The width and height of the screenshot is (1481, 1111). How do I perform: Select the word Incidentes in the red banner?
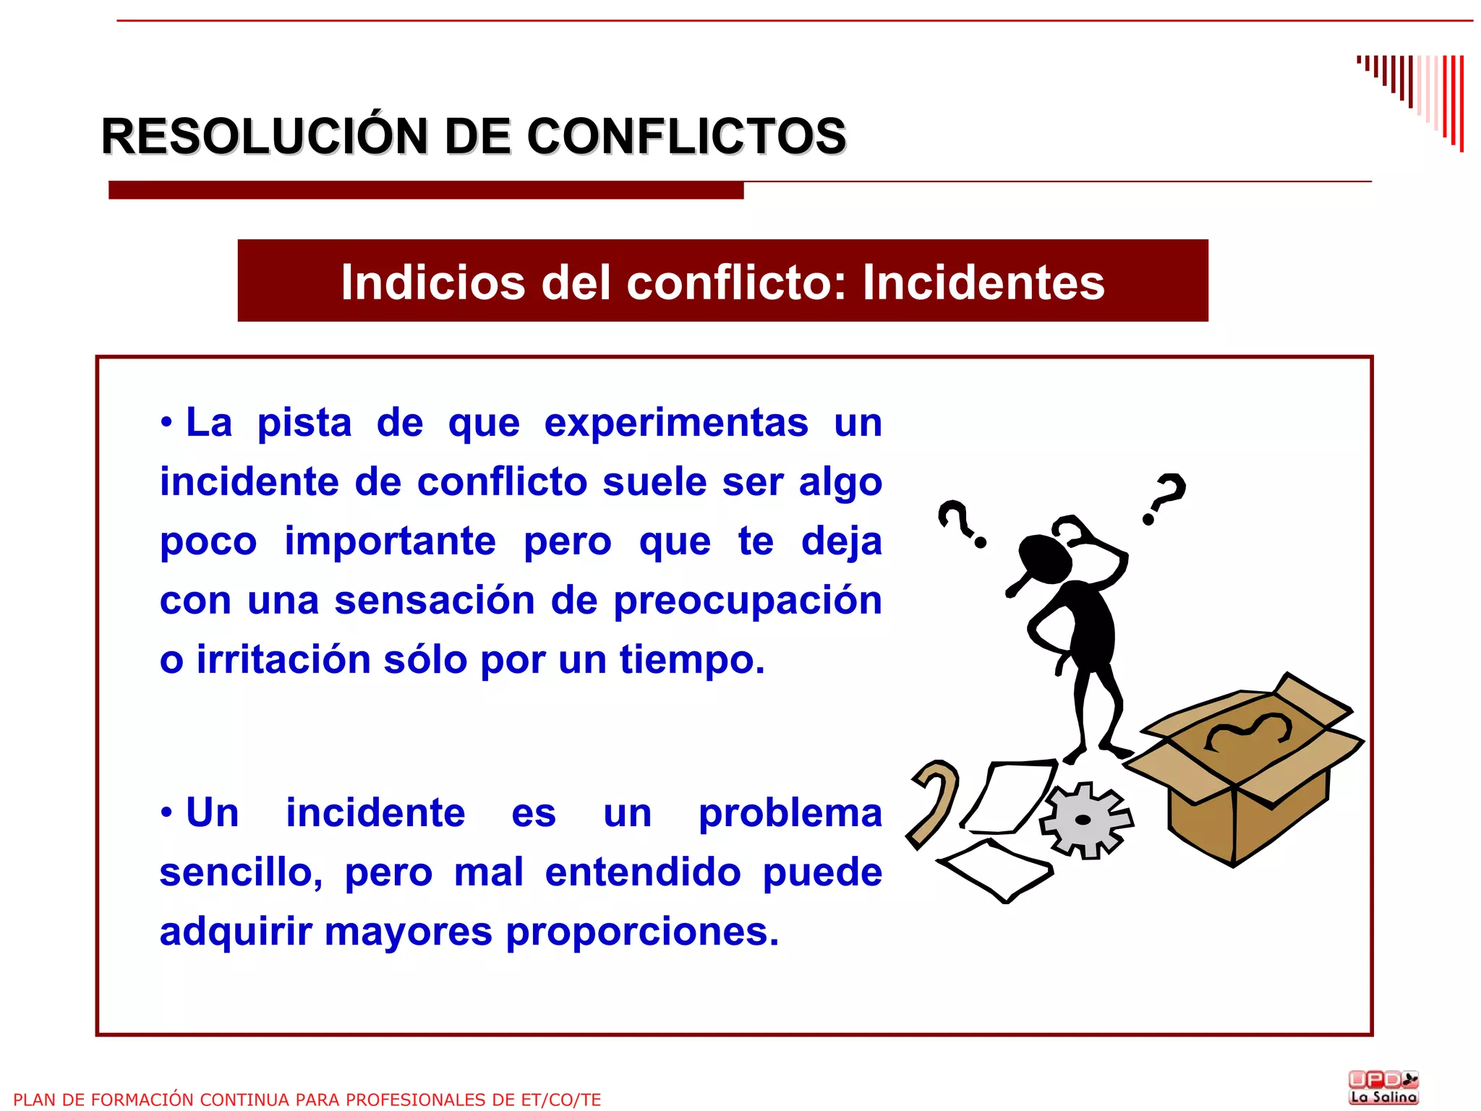(983, 282)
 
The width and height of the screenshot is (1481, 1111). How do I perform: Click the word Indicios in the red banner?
(433, 282)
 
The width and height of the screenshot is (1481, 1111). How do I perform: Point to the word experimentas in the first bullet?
(676, 423)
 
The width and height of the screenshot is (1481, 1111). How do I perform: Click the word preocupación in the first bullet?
(748, 601)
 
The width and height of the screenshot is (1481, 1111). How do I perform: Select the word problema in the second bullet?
(790, 813)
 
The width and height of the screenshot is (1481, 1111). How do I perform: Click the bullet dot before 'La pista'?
(167, 423)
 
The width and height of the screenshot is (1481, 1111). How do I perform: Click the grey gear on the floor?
(1085, 820)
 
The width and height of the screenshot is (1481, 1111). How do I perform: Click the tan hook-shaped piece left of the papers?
(934, 802)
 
